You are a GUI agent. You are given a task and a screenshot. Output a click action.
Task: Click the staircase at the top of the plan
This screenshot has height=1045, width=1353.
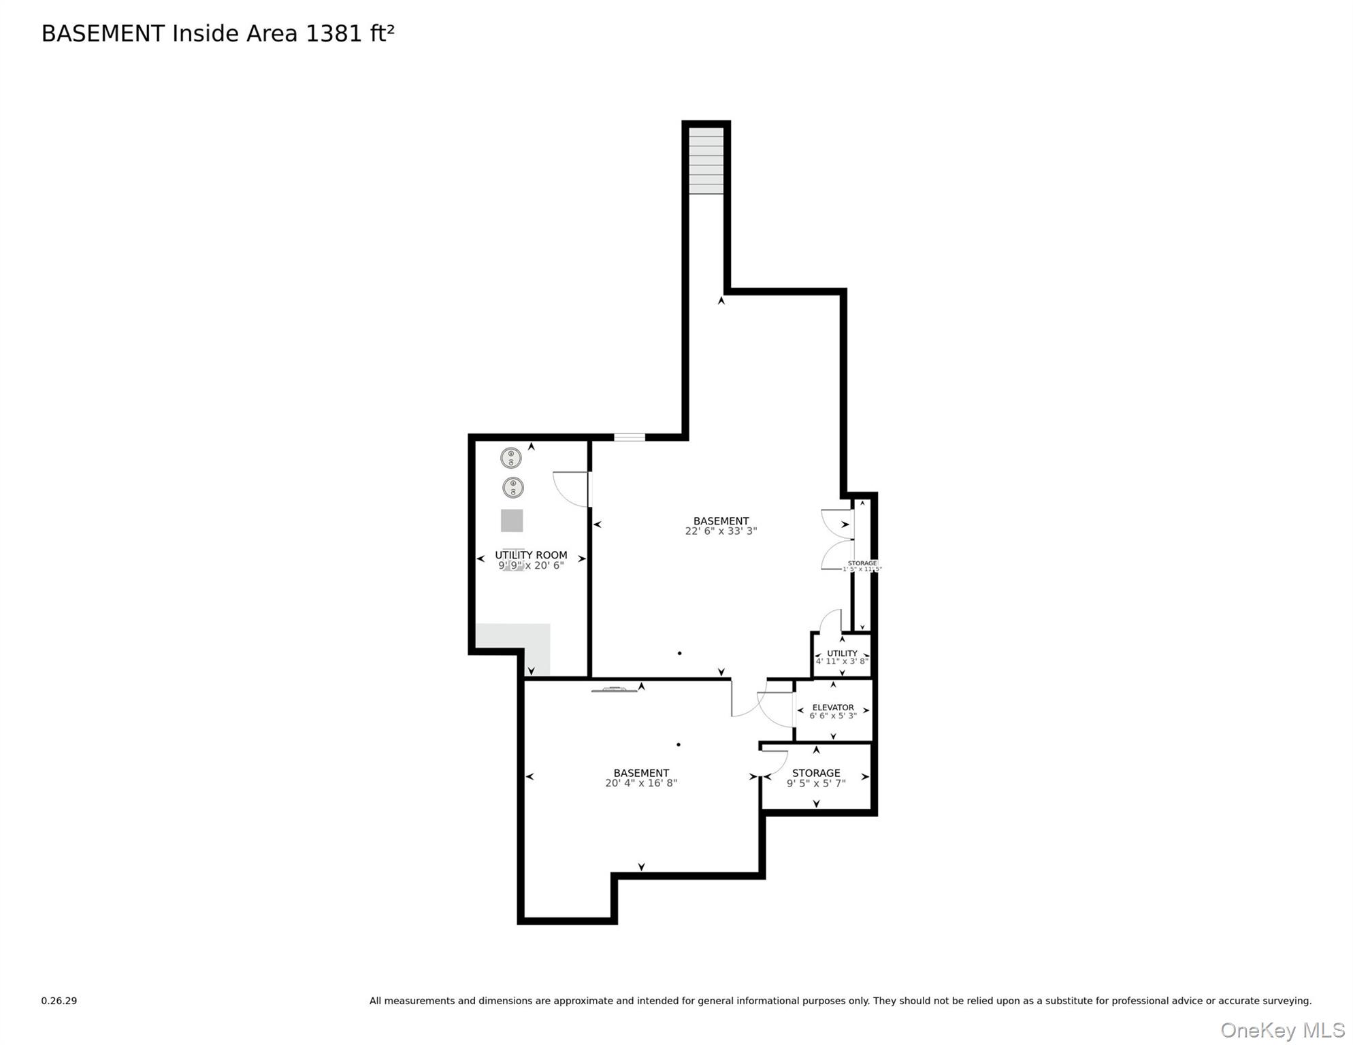coord(706,161)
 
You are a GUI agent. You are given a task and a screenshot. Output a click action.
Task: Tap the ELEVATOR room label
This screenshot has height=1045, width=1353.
coord(833,708)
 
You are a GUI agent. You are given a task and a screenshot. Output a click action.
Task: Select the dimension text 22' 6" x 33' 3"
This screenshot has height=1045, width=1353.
coord(721,531)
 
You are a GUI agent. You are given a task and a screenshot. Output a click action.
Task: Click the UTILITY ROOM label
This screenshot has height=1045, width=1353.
coord(531,555)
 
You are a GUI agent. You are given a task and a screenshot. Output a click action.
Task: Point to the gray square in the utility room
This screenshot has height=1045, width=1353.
coord(512,520)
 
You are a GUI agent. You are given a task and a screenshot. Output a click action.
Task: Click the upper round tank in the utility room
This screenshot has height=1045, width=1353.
coord(511,458)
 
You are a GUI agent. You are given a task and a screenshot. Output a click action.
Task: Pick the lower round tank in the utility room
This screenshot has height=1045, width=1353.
coord(513,487)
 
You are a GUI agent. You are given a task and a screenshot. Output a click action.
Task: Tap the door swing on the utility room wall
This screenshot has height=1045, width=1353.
coord(570,488)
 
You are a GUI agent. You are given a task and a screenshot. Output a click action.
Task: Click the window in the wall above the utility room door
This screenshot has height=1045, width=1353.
coord(630,437)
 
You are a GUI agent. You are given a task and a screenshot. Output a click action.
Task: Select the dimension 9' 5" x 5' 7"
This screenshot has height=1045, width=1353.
coord(816,784)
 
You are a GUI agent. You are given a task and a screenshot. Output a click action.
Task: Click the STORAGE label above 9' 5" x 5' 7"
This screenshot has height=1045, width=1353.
coord(816,773)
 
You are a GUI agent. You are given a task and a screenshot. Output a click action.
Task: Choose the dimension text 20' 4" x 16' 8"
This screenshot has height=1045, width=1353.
coord(641,783)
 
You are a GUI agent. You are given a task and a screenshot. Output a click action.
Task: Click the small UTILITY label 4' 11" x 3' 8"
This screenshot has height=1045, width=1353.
coord(842,654)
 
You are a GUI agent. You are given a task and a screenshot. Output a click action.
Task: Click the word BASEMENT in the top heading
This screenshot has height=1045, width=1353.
coord(103,33)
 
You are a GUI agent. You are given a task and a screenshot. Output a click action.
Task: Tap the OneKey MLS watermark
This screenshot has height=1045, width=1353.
coord(1282,1030)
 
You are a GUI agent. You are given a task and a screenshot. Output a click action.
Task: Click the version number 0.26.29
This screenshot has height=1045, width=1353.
coord(59,1001)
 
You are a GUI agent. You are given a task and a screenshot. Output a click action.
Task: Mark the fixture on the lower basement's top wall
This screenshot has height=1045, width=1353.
coord(615,690)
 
